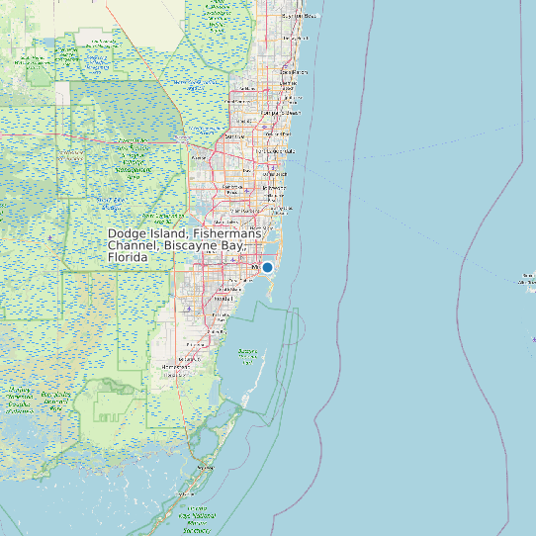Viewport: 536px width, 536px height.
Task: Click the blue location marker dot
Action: tap(267, 267)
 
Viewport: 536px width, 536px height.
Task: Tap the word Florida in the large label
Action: tap(128, 257)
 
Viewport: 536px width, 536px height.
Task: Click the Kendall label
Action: tap(223, 298)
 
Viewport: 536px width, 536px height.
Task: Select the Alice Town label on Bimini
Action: tap(525, 281)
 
